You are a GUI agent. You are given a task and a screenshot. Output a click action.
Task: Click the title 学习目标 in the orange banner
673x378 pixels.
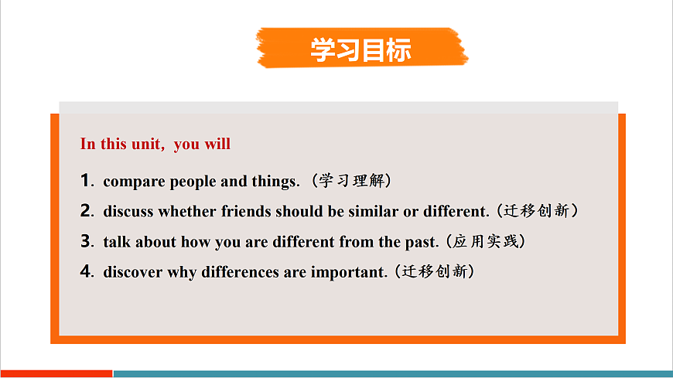360,49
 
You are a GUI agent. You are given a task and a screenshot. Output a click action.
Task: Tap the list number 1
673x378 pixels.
85,182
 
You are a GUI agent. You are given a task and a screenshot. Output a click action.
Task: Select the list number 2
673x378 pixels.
85,211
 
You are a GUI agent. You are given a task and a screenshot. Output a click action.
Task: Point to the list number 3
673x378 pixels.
85,241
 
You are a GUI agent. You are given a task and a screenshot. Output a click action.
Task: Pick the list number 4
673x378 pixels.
85,271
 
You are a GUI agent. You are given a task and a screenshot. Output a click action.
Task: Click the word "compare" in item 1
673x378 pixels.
134,182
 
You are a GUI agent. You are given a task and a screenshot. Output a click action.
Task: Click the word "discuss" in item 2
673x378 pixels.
128,212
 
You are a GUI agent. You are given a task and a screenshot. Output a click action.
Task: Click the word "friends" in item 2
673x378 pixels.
246,212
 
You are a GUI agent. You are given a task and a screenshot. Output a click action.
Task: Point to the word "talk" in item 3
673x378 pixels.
117,242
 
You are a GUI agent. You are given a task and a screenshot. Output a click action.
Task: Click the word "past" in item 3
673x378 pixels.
422,242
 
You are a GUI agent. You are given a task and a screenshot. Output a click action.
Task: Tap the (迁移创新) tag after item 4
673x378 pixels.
433,271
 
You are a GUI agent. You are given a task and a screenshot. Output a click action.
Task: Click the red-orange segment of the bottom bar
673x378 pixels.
56,373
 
